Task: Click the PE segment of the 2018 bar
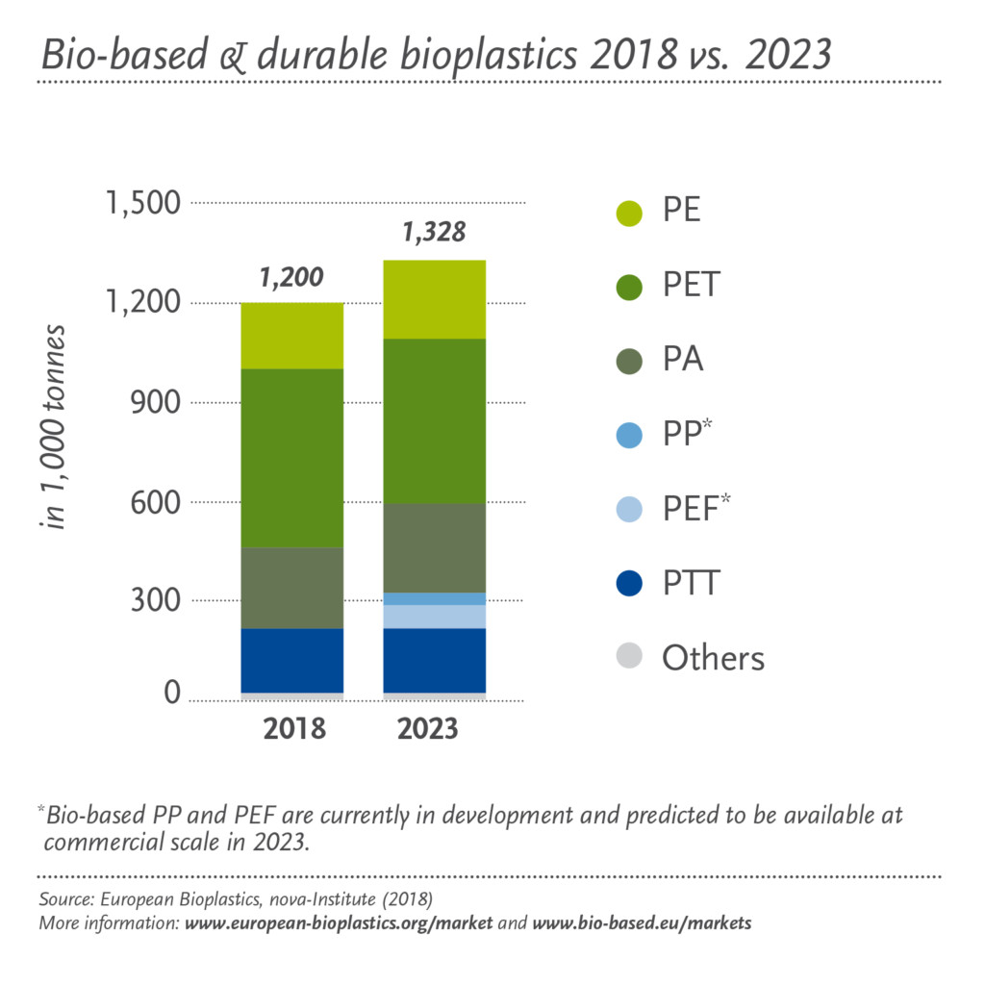point(292,336)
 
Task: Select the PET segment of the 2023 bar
point(434,421)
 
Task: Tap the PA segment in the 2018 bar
point(292,588)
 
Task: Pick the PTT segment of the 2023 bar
point(434,660)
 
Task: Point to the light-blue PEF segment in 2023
point(434,617)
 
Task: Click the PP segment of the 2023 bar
point(434,598)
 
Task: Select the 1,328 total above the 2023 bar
point(434,233)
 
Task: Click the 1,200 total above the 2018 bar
point(292,278)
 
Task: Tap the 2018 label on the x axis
point(292,729)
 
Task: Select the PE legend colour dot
point(629,213)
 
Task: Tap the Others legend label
point(713,658)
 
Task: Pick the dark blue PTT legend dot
point(629,583)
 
